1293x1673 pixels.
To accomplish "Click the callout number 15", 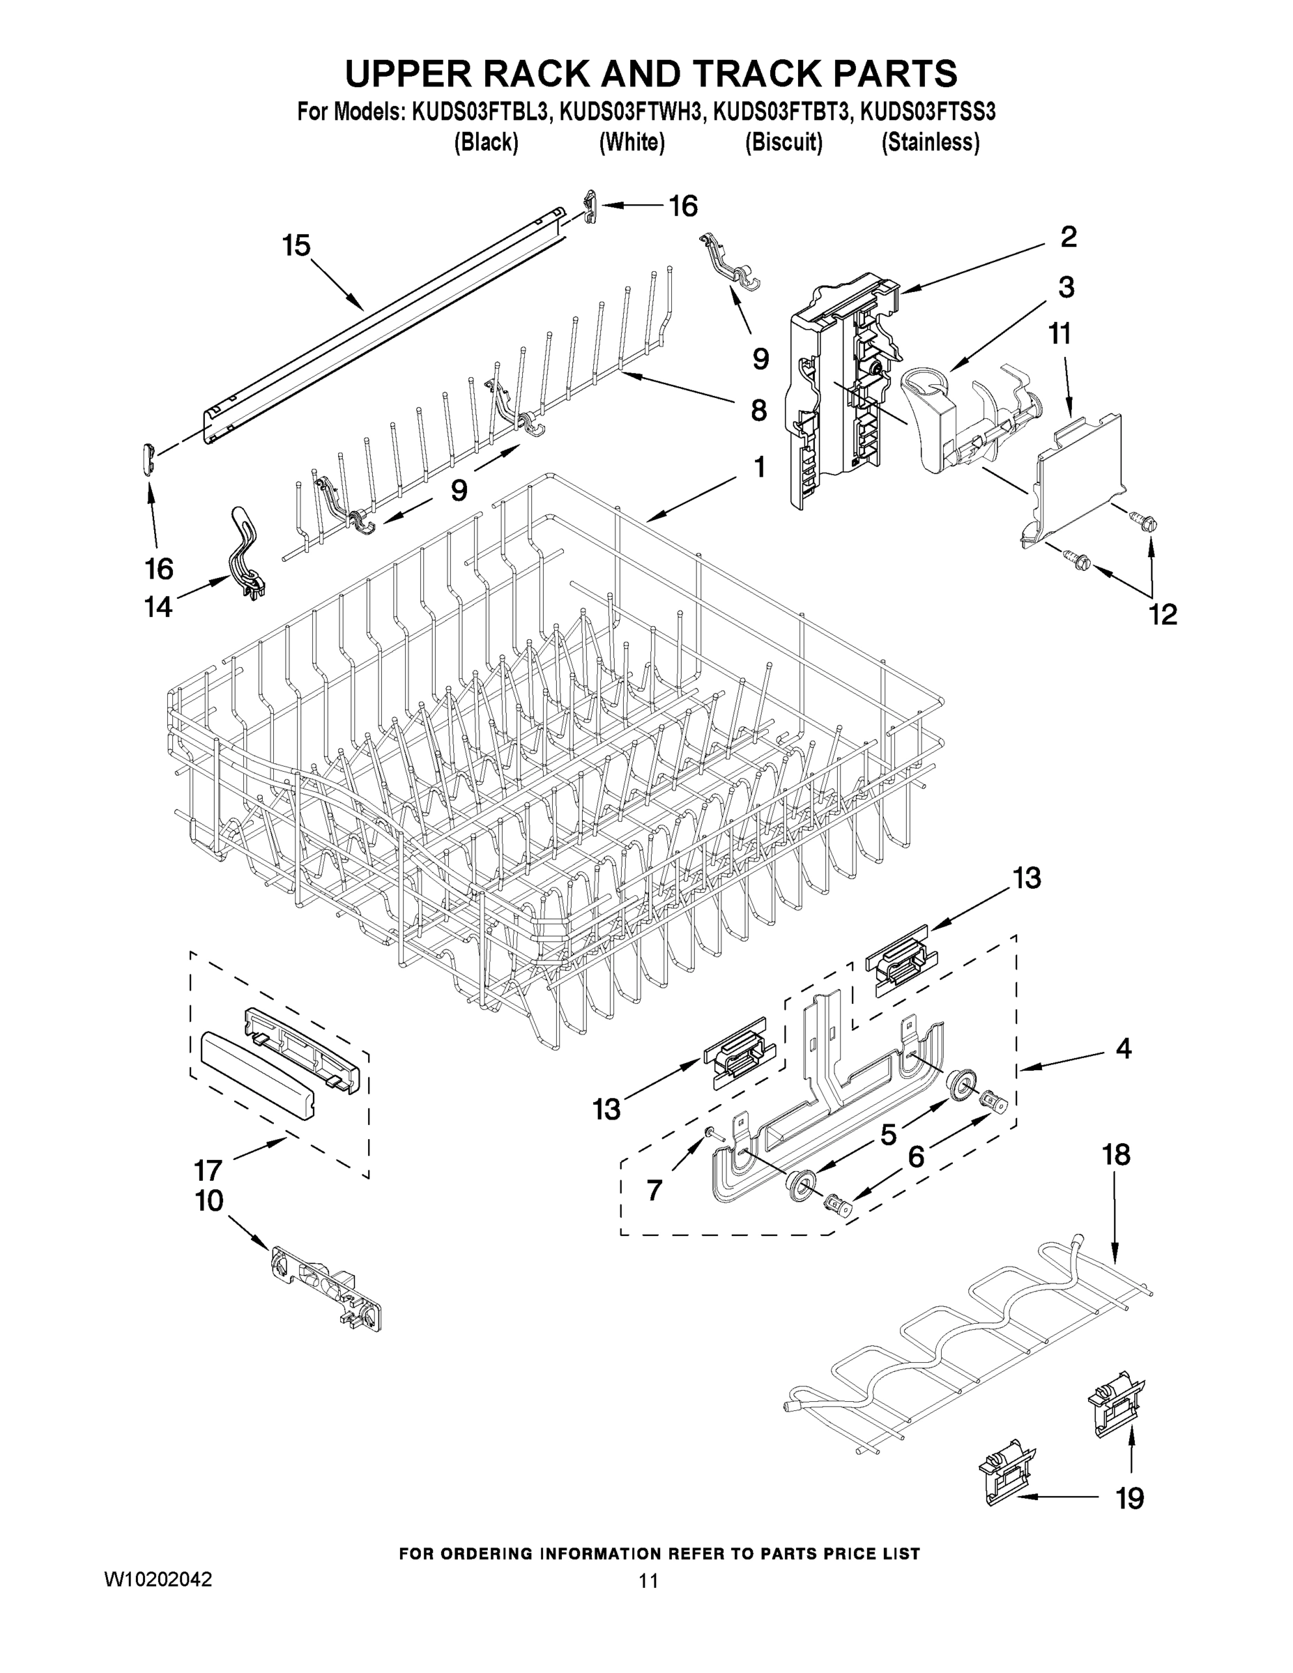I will (296, 246).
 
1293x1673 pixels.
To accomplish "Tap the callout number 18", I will (1115, 1154).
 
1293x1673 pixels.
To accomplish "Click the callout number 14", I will (158, 606).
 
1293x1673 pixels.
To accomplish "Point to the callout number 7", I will (653, 1190).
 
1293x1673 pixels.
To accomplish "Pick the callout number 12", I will (1162, 613).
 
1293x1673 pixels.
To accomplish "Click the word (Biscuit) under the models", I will (783, 142).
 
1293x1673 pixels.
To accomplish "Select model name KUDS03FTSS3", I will (928, 113).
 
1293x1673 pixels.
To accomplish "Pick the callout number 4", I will (1123, 1048).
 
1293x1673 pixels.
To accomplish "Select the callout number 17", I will (208, 1170).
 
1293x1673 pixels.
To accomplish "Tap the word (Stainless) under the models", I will (930, 142).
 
